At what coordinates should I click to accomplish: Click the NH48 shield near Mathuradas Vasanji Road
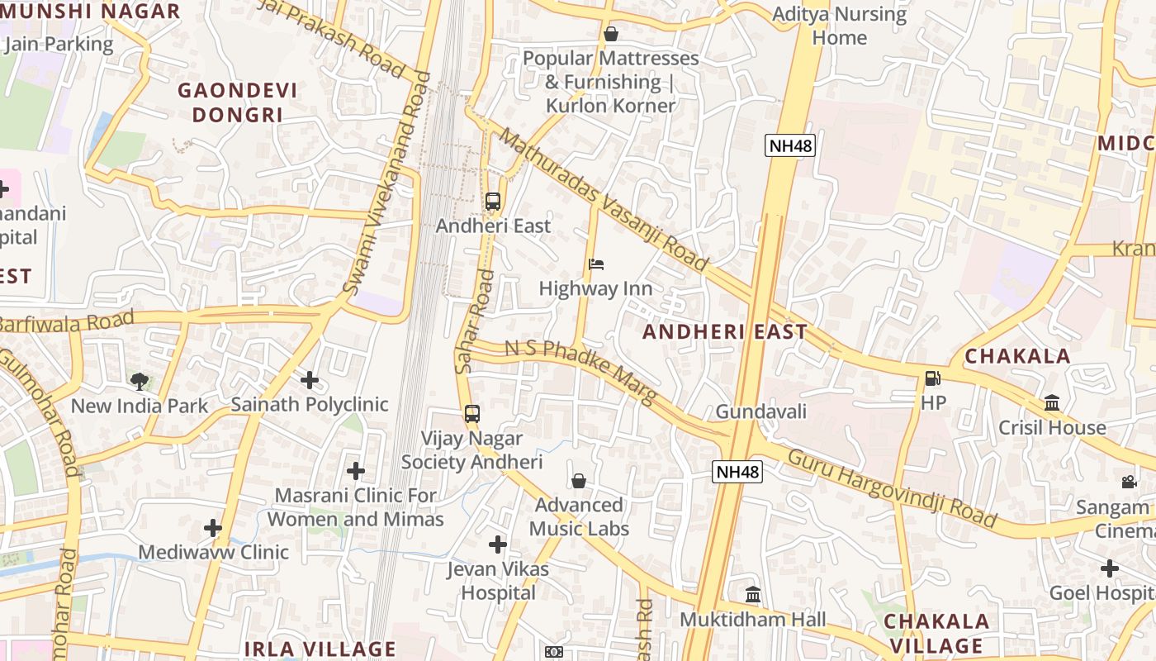[790, 146]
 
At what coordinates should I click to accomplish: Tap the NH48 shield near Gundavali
[737, 472]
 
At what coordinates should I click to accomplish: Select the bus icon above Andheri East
[493, 201]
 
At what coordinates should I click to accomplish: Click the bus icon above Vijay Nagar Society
[471, 414]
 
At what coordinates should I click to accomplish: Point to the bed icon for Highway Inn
[596, 264]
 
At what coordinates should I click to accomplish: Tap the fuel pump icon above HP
[932, 378]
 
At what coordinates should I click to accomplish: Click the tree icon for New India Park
[140, 381]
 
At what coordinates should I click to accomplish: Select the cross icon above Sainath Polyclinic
[310, 380]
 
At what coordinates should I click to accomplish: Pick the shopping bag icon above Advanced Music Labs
[579, 481]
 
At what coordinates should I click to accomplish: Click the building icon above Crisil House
[1052, 403]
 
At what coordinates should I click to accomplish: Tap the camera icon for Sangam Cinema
[1129, 483]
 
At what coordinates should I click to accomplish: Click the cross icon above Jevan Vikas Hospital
[498, 544]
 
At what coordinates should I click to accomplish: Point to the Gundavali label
[760, 411]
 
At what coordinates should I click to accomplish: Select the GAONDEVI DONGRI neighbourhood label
[238, 102]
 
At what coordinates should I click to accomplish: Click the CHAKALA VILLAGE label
[936, 633]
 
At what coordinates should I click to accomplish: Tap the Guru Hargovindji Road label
[892, 489]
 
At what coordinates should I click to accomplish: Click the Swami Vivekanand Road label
[387, 183]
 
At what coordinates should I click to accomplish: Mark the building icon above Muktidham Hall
[753, 595]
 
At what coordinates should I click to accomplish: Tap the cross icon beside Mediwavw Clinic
[213, 528]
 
